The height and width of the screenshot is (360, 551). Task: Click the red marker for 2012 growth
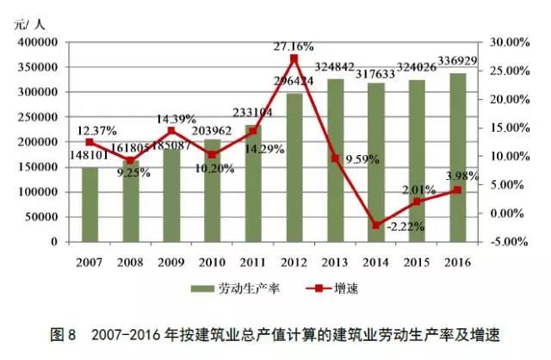click(x=294, y=58)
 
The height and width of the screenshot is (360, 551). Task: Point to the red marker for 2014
click(x=375, y=226)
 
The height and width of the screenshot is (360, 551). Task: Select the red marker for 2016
click(x=457, y=190)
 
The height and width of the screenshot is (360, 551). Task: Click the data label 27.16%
click(x=294, y=45)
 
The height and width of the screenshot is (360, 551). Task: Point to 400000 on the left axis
click(x=37, y=42)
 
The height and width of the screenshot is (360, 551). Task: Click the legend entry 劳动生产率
click(x=233, y=289)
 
